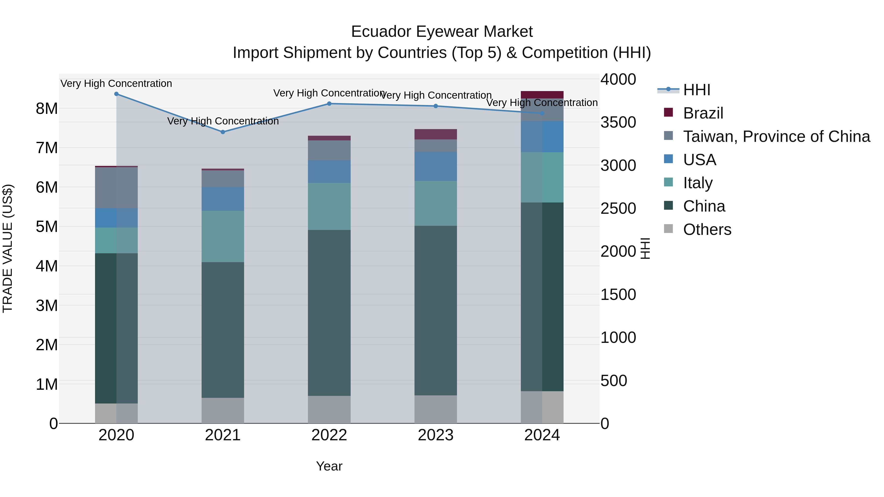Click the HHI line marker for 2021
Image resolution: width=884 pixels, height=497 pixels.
click(x=223, y=132)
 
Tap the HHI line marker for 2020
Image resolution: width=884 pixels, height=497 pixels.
click(x=116, y=94)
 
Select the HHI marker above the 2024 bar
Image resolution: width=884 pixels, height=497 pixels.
click(x=542, y=113)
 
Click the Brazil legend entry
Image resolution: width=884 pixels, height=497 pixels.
click(x=703, y=113)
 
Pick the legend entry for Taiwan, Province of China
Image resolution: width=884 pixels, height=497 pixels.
click(x=776, y=136)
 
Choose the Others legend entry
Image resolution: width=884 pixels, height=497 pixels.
click(x=707, y=229)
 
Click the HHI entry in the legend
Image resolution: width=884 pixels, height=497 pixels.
click(x=697, y=90)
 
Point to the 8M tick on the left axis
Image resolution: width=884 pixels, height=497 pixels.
click(x=47, y=109)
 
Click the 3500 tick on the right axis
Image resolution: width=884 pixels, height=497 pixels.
click(x=618, y=122)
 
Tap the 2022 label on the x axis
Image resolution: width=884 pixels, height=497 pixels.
click(x=329, y=435)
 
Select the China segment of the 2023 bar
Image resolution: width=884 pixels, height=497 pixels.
click(x=435, y=310)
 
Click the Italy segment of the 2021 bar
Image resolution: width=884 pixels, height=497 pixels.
click(x=223, y=237)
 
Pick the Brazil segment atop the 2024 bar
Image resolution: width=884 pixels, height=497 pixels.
click(x=542, y=95)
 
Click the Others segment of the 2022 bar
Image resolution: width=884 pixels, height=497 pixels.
click(x=329, y=410)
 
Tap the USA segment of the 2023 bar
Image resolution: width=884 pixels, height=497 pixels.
click(x=435, y=166)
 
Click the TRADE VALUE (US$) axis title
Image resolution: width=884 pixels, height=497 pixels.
click(x=8, y=248)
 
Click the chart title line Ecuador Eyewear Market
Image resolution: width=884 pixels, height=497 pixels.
click(x=442, y=32)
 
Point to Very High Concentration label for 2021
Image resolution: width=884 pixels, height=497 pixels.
click(x=223, y=121)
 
